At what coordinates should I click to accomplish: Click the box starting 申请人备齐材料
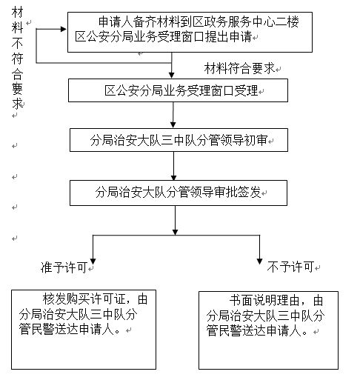pyautogui.click(x=190, y=32)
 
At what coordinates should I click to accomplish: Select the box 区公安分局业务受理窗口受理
pyautogui.click(x=178, y=90)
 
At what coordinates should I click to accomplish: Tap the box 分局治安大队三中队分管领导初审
pyautogui.click(x=179, y=140)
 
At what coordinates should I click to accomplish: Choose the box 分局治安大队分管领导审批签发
pyautogui.click(x=179, y=193)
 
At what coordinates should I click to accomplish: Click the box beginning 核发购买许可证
pyautogui.click(x=84, y=330)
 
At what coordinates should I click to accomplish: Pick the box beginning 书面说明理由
pyautogui.click(x=268, y=330)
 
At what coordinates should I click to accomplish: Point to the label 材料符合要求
pyautogui.click(x=239, y=68)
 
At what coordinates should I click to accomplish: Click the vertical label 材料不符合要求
pyautogui.click(x=17, y=58)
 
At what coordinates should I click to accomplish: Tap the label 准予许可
pyautogui.click(x=64, y=267)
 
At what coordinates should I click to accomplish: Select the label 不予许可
pyautogui.click(x=290, y=267)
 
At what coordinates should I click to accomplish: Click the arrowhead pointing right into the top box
pyautogui.click(x=64, y=29)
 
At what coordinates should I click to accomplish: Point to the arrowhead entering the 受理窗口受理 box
pyautogui.click(x=172, y=76)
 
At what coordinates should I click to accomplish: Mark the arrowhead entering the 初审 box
pyautogui.click(x=173, y=125)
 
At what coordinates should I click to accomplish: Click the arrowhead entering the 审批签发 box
pyautogui.click(x=173, y=177)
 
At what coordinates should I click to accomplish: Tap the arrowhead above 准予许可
pyautogui.click(x=93, y=261)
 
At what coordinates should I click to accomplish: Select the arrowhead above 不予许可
pyautogui.click(x=259, y=261)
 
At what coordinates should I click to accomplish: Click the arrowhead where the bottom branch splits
pyautogui.click(x=175, y=232)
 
